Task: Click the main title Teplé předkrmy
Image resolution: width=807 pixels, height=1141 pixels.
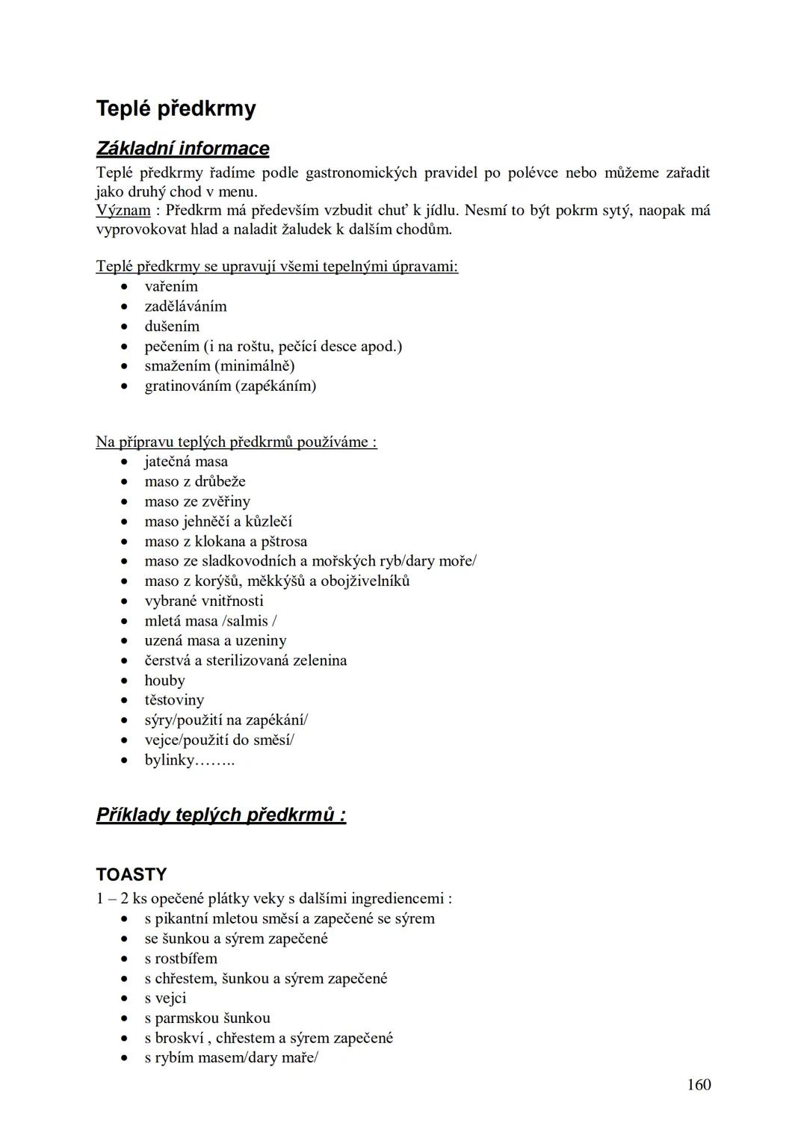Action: coord(176,109)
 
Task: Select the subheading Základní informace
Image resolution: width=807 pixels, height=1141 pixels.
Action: coord(182,149)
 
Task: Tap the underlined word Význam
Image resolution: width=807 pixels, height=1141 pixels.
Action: coord(123,211)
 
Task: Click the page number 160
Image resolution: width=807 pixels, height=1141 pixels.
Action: coord(699,1085)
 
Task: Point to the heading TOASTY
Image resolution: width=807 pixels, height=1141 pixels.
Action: coord(132,875)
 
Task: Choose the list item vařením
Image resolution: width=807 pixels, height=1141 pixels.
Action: coord(171,287)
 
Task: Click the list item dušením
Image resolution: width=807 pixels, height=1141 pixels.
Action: coord(172,327)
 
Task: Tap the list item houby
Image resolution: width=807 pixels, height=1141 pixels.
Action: coord(164,681)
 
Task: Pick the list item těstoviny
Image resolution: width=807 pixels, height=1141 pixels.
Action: coord(174,701)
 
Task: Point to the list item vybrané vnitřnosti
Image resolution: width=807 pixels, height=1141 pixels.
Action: coord(204,602)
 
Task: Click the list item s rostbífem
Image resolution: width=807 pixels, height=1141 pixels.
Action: coord(181,959)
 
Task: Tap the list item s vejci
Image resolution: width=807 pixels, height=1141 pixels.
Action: coord(165,998)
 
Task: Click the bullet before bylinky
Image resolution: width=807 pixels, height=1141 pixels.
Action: coord(125,761)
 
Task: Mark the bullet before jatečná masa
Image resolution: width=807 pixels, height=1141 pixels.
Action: coord(125,462)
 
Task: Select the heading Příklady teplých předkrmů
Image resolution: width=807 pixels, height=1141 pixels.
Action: coord(220,814)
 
